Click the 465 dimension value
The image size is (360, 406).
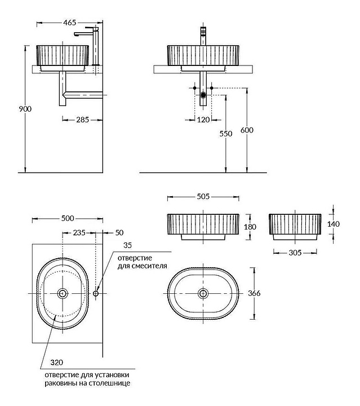(69, 23)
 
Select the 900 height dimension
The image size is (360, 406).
(25, 109)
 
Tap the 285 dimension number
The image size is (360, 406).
(82, 120)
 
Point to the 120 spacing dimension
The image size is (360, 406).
(203, 120)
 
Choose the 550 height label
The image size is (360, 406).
(226, 134)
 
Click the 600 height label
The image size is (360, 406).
(247, 130)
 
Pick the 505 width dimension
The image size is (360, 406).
(203, 197)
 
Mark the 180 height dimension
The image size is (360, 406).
(250, 227)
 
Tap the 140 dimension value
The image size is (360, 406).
(334, 224)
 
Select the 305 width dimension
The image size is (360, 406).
(295, 253)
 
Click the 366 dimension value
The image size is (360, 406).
(254, 293)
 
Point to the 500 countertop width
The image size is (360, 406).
(68, 219)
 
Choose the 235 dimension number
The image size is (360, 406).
(79, 233)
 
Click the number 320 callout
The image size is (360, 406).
(57, 363)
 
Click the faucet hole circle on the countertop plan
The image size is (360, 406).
(96, 293)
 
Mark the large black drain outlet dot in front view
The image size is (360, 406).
(203, 95)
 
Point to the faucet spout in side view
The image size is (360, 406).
(83, 34)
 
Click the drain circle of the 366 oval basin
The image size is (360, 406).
(203, 293)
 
